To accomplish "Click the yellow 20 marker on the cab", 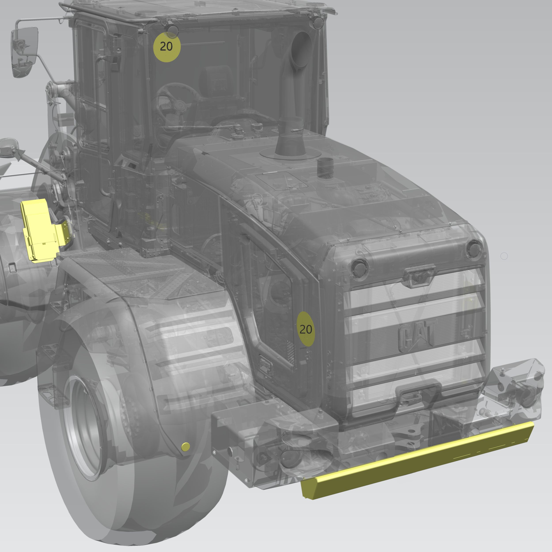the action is pyautogui.click(x=167, y=47).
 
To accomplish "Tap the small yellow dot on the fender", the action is pyautogui.click(x=185, y=447).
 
